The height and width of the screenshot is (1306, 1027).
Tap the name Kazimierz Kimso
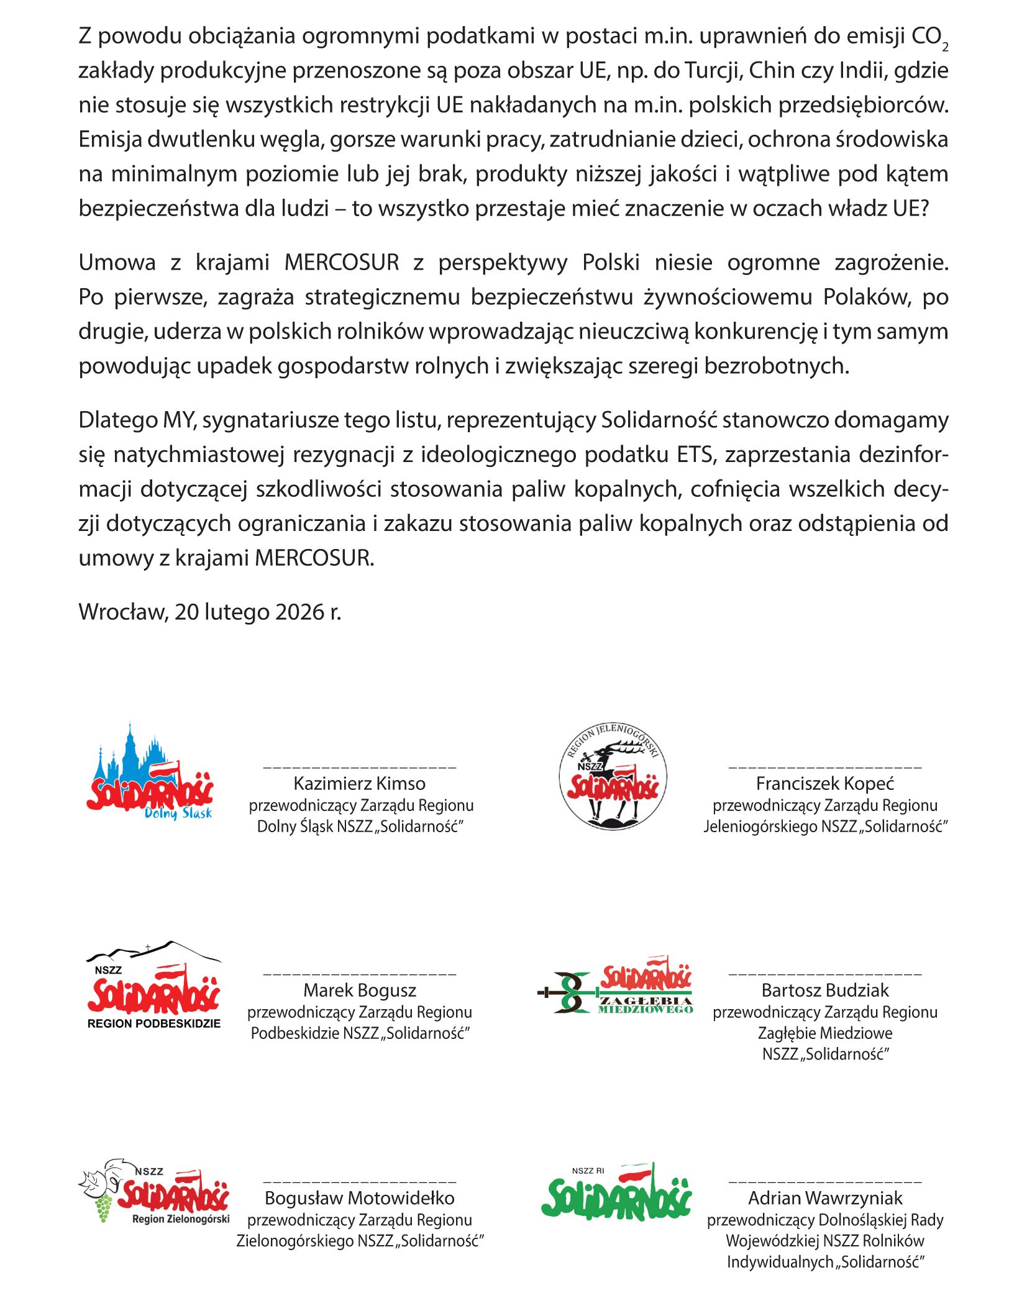[x=359, y=784]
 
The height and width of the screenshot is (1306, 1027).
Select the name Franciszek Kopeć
[x=825, y=784]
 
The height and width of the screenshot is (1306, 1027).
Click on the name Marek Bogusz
[x=359, y=991]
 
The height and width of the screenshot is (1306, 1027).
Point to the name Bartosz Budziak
[x=825, y=991]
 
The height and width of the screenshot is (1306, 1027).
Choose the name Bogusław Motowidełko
[x=359, y=1198]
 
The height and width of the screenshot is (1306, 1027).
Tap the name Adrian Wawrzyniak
[x=825, y=1198]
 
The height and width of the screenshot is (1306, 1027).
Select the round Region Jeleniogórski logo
[x=613, y=776]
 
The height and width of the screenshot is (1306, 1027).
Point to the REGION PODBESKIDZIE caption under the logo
[x=154, y=1023]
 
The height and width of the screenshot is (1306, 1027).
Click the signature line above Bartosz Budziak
[x=825, y=974]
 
